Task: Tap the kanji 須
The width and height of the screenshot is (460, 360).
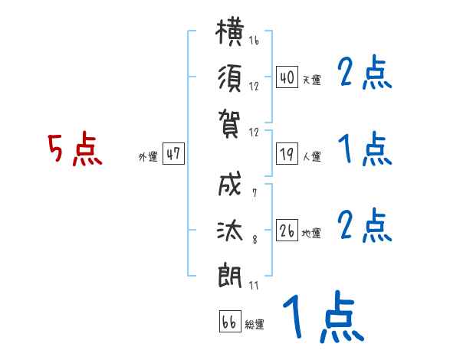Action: click(x=230, y=78)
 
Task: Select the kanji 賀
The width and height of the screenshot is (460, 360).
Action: click(x=230, y=124)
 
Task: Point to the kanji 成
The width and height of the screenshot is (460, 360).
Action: click(x=230, y=184)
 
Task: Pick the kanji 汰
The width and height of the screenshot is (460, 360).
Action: click(x=230, y=231)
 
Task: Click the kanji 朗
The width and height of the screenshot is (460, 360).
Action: click(x=230, y=275)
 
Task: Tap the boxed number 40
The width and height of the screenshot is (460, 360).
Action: click(x=287, y=77)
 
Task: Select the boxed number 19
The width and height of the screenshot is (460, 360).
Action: click(x=287, y=154)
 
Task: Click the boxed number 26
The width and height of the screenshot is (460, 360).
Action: click(x=287, y=230)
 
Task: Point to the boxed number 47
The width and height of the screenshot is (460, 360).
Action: click(x=173, y=153)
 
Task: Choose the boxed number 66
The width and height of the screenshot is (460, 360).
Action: click(x=230, y=321)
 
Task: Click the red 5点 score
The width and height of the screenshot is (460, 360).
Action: click(x=75, y=149)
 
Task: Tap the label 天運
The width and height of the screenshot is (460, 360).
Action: click(x=312, y=80)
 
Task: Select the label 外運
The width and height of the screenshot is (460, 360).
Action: click(x=148, y=156)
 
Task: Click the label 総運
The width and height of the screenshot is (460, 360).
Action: click(x=255, y=324)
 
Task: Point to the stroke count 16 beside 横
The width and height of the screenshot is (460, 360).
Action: click(x=254, y=40)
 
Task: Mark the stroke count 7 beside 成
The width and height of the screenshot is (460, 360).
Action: click(x=255, y=192)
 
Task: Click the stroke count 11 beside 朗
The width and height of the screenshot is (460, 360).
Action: click(x=254, y=285)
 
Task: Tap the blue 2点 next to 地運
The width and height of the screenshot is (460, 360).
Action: click(x=365, y=225)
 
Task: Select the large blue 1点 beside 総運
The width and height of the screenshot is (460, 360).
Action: click(x=324, y=316)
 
